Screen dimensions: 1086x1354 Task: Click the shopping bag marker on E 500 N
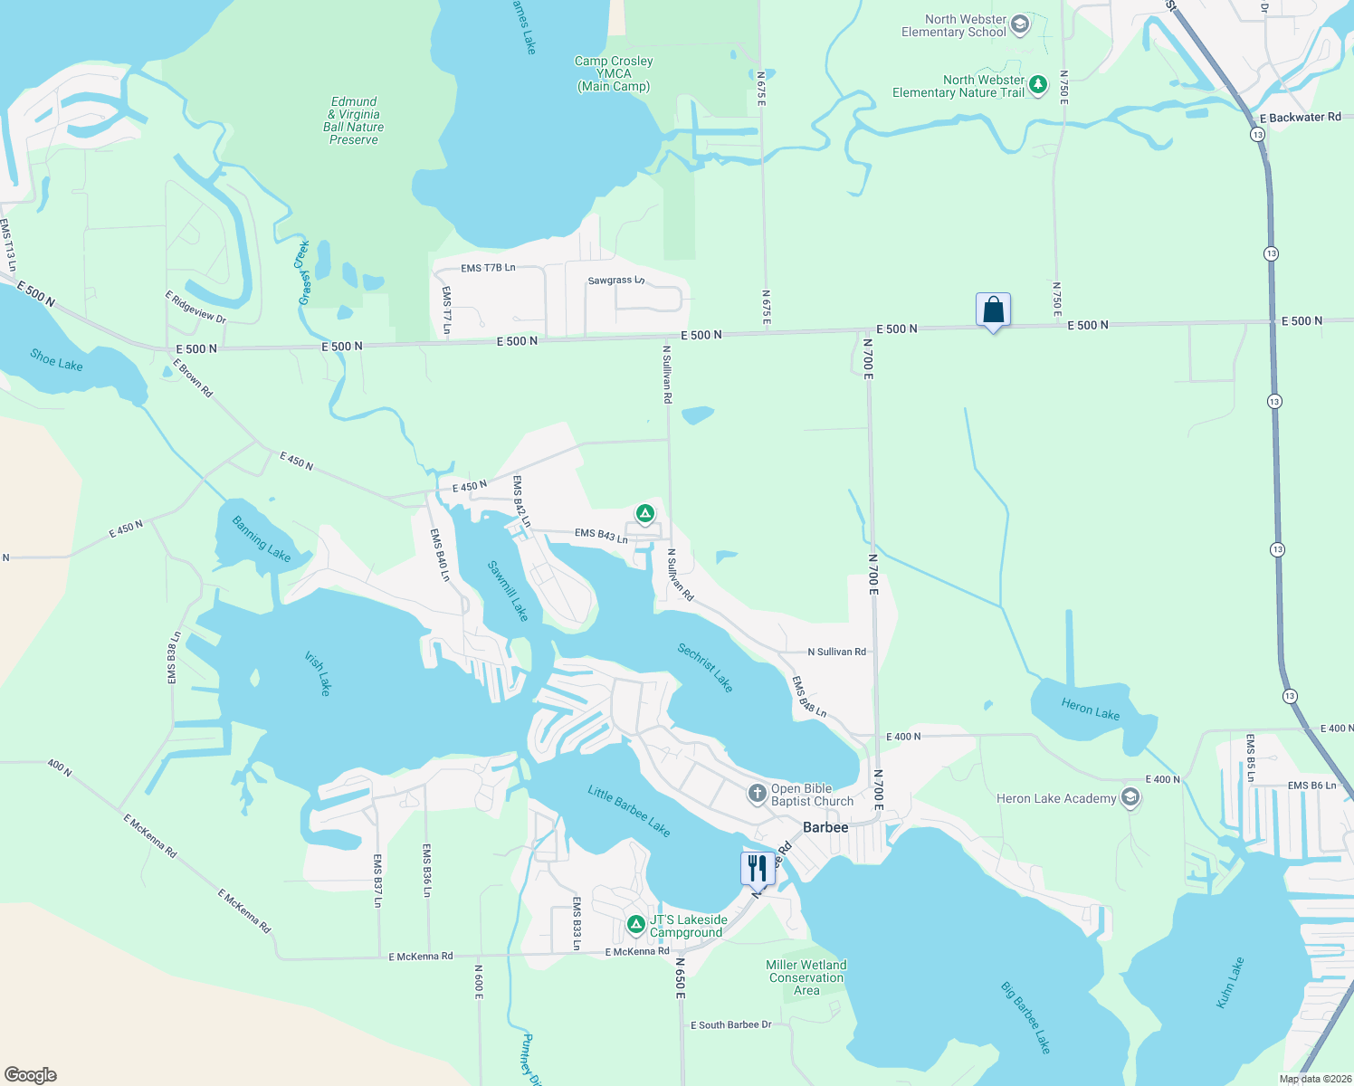pyautogui.click(x=993, y=310)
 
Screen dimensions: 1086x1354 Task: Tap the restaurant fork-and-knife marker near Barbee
pyautogui.click(x=758, y=868)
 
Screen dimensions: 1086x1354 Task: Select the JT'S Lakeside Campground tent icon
pyautogui.click(x=636, y=925)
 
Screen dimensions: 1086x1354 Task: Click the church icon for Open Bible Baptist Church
pyautogui.click(x=757, y=795)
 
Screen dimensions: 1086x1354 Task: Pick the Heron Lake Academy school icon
pyautogui.click(x=1130, y=797)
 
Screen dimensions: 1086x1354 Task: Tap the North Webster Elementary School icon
pyautogui.click(x=1020, y=24)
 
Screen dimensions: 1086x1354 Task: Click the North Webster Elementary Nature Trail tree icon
pyautogui.click(x=1038, y=86)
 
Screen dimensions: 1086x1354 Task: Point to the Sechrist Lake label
pyautogui.click(x=705, y=667)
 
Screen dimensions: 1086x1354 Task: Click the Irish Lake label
pyautogui.click(x=319, y=673)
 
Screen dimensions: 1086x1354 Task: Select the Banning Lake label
pyautogui.click(x=262, y=538)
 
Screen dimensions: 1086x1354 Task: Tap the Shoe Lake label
pyautogui.click(x=56, y=359)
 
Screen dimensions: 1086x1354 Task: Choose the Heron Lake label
pyautogui.click(x=1090, y=710)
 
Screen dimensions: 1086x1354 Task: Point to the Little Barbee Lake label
pyautogui.click(x=629, y=810)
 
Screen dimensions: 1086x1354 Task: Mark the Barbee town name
pyautogui.click(x=825, y=827)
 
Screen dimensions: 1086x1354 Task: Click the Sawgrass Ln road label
pyautogui.click(x=615, y=281)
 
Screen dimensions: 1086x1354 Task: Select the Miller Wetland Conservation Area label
pyautogui.click(x=806, y=977)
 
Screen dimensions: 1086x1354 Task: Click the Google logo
pyautogui.click(x=31, y=1075)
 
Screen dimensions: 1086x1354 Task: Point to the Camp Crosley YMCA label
pyautogui.click(x=614, y=73)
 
